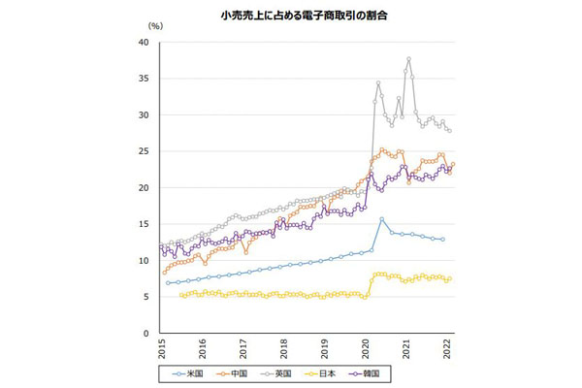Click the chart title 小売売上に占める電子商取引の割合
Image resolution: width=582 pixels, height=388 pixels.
click(292, 18)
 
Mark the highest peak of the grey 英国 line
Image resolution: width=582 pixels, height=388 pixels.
click(408, 59)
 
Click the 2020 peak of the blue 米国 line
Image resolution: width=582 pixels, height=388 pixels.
click(381, 219)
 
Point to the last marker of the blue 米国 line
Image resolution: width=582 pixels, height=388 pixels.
click(443, 240)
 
